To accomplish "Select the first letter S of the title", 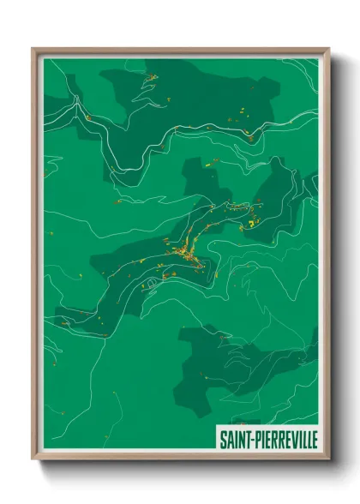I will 222,437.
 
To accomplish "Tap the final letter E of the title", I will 314,437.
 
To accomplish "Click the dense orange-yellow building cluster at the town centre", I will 183,251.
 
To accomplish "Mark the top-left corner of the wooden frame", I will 33,49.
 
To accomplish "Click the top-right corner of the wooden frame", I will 328,49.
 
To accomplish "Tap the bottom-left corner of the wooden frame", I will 33,459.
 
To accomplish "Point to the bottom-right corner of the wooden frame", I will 328,459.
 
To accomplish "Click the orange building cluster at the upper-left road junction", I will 87,117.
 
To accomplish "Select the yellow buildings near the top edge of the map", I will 151,78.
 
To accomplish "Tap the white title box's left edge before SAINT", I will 217,437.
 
